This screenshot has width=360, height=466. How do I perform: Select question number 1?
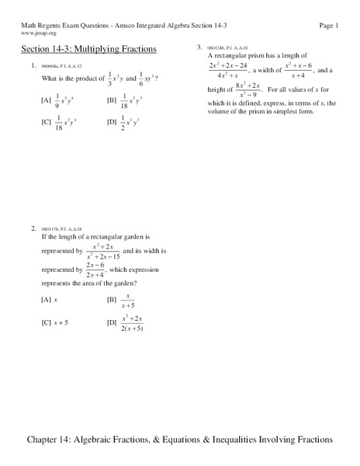point(34,65)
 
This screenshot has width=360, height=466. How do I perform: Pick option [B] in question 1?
point(112,99)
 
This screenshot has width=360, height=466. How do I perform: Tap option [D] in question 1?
point(112,121)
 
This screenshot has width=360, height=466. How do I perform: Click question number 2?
point(34,228)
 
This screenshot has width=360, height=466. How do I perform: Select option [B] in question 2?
point(112,298)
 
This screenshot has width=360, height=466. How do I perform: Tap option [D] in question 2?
point(112,322)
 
